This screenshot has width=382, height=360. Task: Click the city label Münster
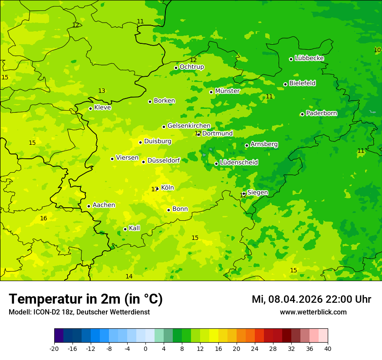pos(227,91)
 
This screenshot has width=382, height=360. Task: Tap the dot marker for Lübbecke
pos(291,59)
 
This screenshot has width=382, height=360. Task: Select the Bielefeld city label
pos(302,83)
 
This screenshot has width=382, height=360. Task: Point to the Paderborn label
pos(321,113)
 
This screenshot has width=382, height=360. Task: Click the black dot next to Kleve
pos(90,108)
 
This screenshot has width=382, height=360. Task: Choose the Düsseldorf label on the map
pos(164,160)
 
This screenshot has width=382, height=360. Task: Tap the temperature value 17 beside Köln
pos(154,189)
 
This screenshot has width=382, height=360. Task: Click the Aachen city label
pos(104,205)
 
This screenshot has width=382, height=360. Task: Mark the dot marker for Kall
pos(125,229)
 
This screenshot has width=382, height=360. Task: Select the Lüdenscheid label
pos(239,163)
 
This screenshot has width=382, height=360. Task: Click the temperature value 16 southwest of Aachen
pos(43,218)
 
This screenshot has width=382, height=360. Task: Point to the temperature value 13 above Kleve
pos(102,91)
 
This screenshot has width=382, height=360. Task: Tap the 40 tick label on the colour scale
pos(328,348)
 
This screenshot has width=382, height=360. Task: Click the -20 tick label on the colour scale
pos(54,348)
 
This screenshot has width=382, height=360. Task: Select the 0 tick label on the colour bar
pos(145,348)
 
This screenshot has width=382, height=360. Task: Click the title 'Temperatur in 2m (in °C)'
pos(86,299)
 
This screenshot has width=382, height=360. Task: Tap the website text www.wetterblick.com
pos(313,312)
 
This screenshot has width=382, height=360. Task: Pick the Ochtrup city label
pos(191,67)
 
